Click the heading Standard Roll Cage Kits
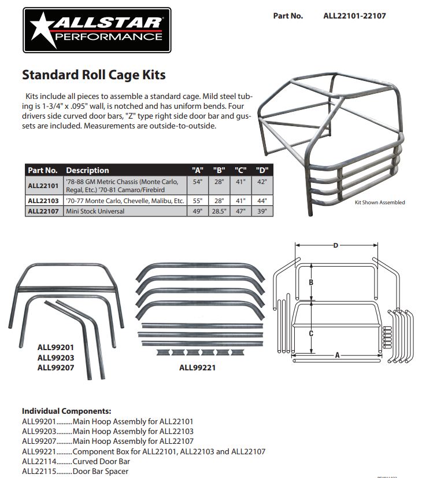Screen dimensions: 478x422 [x=94, y=75]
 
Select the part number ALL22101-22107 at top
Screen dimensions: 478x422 [x=354, y=16]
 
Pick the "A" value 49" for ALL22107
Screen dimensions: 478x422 [x=198, y=211]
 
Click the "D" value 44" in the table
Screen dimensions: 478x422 [x=262, y=201]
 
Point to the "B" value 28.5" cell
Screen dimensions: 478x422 [x=219, y=211]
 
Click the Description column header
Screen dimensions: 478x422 [x=87, y=170]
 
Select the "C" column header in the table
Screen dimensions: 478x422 [x=241, y=170]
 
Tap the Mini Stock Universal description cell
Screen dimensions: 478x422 [x=95, y=211]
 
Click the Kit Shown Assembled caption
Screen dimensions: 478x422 [x=379, y=203]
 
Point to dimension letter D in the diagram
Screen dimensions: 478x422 [x=336, y=245]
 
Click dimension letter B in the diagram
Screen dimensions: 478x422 [x=311, y=282]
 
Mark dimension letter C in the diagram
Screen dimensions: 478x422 [x=311, y=333]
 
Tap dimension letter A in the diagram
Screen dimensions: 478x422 [x=337, y=355]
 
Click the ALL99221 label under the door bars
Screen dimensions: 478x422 [x=197, y=367]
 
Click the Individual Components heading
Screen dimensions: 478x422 [x=66, y=411]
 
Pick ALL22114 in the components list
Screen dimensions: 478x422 [x=39, y=461]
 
